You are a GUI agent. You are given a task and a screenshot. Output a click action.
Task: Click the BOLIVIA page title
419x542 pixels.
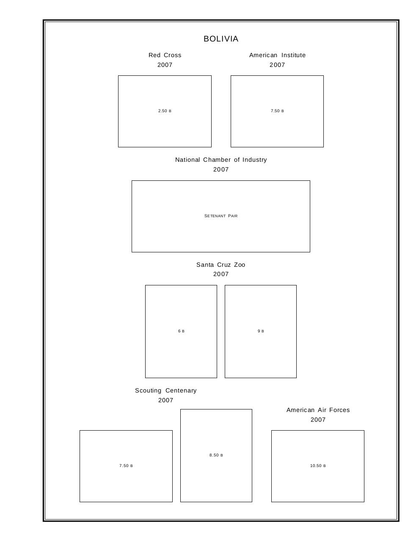click(221, 39)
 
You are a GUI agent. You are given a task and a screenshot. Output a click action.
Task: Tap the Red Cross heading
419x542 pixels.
click(165, 55)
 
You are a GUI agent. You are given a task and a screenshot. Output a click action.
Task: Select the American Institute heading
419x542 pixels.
click(277, 55)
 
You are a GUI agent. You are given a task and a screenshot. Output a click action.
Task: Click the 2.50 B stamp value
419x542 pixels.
click(165, 111)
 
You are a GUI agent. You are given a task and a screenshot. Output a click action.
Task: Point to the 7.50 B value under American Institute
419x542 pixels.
click(277, 111)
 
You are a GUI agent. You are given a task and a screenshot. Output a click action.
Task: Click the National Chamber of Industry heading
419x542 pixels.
click(221, 160)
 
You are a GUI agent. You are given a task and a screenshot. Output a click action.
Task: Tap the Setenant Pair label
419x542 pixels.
click(221, 216)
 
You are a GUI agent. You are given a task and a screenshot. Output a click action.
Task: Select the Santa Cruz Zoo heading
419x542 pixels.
click(221, 265)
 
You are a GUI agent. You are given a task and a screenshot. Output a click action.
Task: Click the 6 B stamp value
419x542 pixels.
click(181, 331)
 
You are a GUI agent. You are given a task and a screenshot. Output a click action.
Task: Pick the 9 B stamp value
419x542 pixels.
click(261, 331)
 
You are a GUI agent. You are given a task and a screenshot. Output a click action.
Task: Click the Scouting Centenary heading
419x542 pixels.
click(166, 390)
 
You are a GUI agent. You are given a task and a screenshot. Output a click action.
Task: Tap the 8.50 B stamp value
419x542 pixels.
click(216, 455)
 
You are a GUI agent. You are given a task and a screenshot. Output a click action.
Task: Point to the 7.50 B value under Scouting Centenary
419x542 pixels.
click(126, 466)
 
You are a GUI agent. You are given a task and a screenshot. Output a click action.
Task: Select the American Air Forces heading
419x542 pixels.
click(318, 410)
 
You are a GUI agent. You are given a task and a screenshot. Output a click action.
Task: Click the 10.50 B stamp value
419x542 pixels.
click(318, 466)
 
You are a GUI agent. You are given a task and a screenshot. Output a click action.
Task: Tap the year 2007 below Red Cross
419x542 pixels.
click(165, 65)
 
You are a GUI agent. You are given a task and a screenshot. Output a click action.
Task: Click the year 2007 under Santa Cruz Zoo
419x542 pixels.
click(221, 274)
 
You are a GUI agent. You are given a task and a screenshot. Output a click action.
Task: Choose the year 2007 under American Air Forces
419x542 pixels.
click(318, 420)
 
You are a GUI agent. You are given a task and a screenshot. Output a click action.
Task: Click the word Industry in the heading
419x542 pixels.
click(254, 160)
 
